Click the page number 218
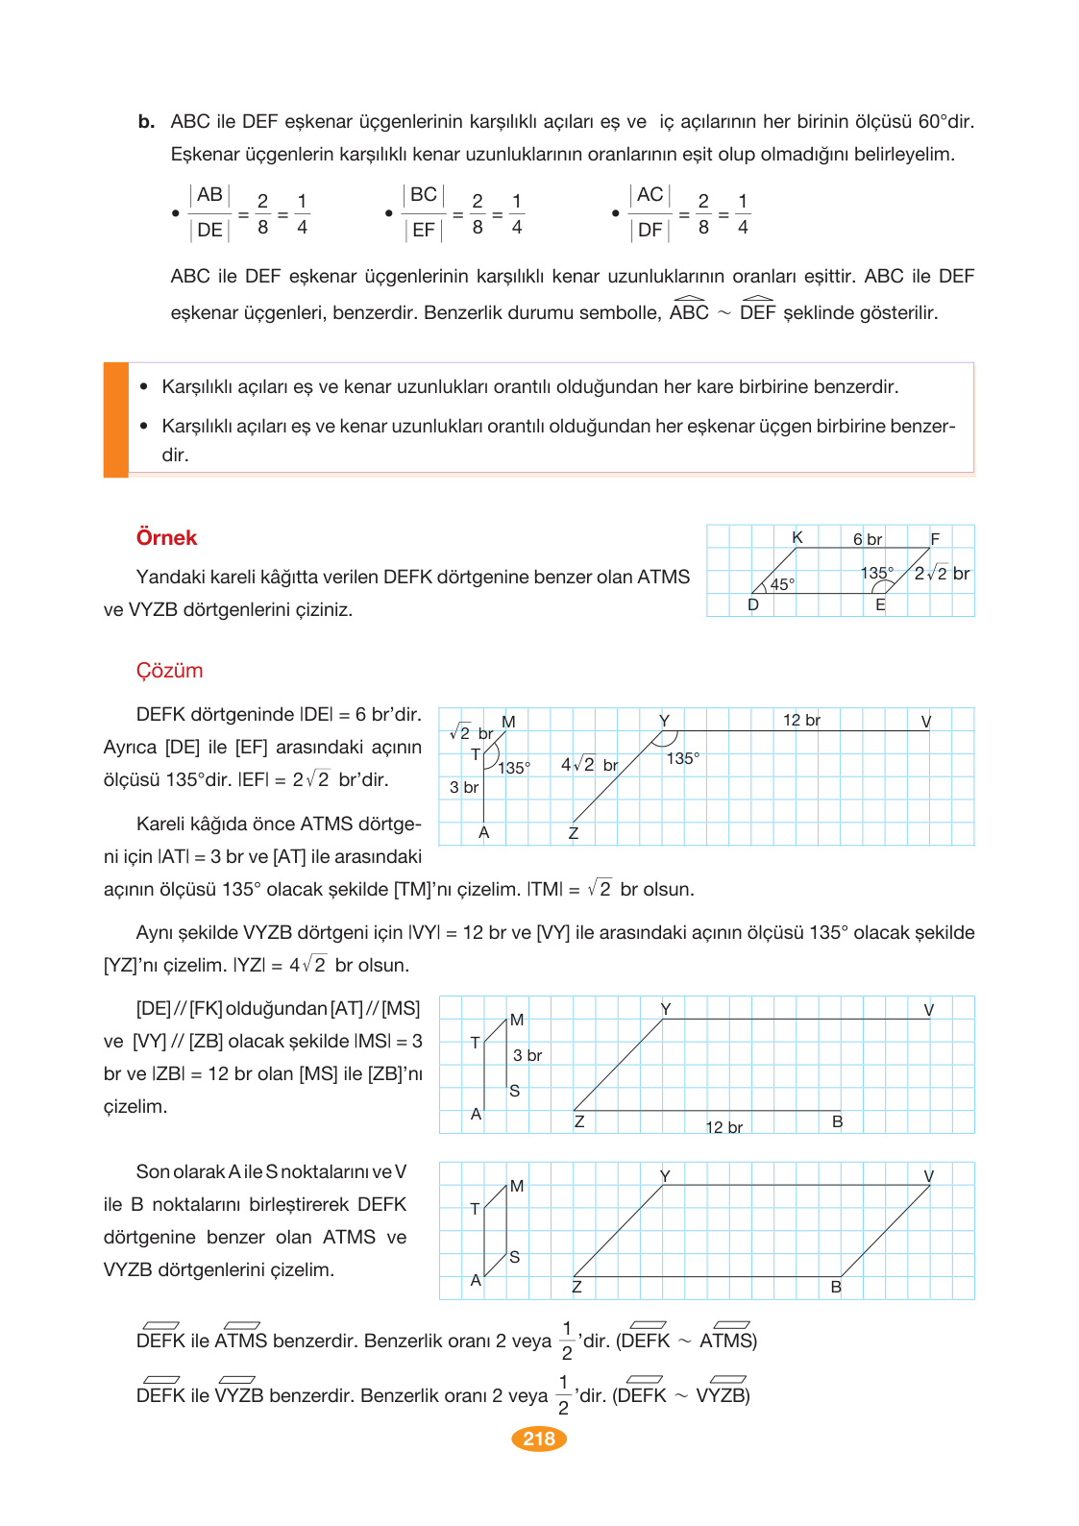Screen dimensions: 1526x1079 pos(539,1439)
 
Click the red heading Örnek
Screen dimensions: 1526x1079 pos(166,538)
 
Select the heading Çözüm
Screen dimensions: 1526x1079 pos(169,671)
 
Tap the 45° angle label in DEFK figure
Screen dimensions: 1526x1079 pos(782,584)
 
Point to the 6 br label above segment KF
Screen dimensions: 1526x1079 pos(867,539)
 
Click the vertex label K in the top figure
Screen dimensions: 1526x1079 pos(797,537)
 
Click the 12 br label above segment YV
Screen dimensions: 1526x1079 pos(801,720)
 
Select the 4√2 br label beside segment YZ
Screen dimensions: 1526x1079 pos(589,765)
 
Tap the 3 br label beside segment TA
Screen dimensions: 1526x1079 pos(464,787)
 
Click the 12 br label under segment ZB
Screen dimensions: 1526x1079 pos(723,1127)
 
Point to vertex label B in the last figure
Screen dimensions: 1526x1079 pos(836,1287)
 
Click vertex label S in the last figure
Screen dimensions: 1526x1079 pos(515,1257)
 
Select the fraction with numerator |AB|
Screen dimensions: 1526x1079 pos(209,212)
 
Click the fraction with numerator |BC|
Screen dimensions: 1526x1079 pos(423,212)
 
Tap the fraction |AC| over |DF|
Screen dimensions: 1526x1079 pos(650,212)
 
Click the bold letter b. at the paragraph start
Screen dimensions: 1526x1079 pos(146,122)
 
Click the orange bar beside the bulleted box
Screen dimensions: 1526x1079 pos(116,419)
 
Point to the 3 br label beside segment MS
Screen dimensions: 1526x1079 pos(527,1055)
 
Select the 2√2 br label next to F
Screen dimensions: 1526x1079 pos(942,574)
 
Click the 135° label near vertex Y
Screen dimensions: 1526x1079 pos(682,758)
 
